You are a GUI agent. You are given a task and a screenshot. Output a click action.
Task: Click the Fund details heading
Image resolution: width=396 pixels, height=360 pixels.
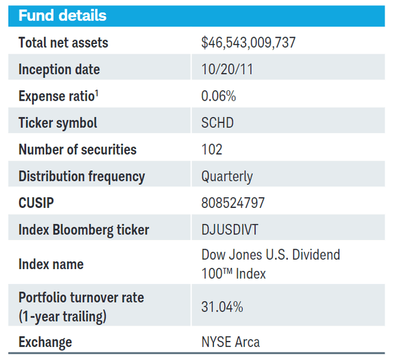62,15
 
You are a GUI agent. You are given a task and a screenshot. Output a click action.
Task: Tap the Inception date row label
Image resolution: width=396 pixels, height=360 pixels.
59,69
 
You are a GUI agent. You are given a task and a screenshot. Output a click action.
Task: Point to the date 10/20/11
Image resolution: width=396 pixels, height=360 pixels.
227,69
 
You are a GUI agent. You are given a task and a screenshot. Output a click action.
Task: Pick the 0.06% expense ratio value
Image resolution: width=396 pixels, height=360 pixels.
218,96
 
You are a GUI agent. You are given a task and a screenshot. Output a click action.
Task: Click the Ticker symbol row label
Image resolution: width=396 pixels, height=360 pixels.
58,123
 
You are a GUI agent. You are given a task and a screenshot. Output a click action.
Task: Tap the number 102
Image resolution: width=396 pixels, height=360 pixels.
212,150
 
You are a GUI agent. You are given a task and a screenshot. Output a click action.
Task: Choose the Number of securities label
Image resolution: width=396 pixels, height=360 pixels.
77,150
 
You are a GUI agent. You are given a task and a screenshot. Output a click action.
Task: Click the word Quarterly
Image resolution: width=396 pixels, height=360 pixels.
227,176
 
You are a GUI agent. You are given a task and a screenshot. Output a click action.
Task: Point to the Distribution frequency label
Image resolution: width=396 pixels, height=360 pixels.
82,176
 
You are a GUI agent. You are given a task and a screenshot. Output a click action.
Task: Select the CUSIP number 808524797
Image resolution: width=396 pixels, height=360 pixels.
232,203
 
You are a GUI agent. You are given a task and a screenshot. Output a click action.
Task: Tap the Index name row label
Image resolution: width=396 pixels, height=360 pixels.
51,264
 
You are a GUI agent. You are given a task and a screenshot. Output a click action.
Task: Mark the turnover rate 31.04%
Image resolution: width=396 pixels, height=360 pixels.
222,306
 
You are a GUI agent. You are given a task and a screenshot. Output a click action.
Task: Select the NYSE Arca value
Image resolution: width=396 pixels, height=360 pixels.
230,342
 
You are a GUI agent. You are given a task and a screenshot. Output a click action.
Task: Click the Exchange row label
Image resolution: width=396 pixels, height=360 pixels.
45,342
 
